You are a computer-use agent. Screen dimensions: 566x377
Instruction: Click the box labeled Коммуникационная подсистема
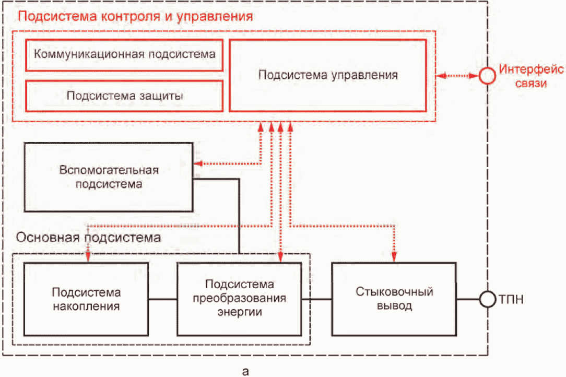point(124,55)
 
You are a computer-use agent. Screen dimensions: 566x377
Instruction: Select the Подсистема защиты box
point(124,96)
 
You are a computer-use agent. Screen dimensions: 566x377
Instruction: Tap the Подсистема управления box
point(328,75)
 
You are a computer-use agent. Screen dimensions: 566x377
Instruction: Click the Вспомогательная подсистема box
point(108,177)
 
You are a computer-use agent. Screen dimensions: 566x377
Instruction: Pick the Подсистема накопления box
point(86,299)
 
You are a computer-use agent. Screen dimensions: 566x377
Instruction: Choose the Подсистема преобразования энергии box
point(239,299)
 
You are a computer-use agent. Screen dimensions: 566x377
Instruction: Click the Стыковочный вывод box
point(394,299)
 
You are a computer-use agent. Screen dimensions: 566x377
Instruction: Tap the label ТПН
point(511,299)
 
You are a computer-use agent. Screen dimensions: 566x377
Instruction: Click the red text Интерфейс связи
point(531,76)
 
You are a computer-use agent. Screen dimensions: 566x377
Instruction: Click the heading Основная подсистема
point(88,238)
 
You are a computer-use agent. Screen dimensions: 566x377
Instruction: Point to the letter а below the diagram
point(245,371)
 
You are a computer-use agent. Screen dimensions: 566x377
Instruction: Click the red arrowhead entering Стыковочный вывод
point(394,257)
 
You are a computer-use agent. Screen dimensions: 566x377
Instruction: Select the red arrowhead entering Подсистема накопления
point(88,257)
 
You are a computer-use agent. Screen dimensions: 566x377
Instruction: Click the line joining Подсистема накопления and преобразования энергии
point(162,299)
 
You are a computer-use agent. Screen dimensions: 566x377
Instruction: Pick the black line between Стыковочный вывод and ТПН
point(468,299)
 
